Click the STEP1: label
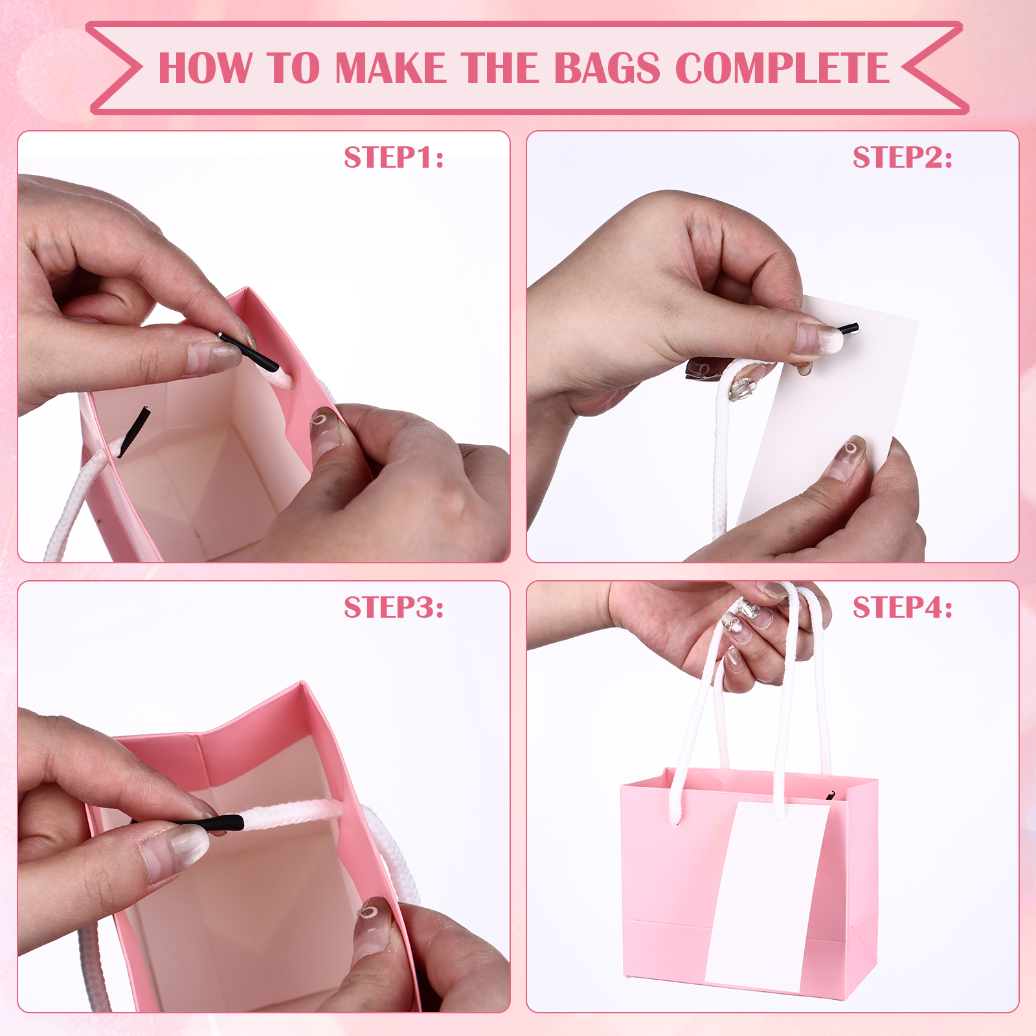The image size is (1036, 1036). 394,157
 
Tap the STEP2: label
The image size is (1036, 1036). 903,157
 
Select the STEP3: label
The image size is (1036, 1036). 394,607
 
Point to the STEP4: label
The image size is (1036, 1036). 903,607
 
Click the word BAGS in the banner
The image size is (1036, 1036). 607,68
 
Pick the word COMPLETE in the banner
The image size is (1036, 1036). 782,68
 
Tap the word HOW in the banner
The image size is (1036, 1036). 205,68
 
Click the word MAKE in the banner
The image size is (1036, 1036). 390,68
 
